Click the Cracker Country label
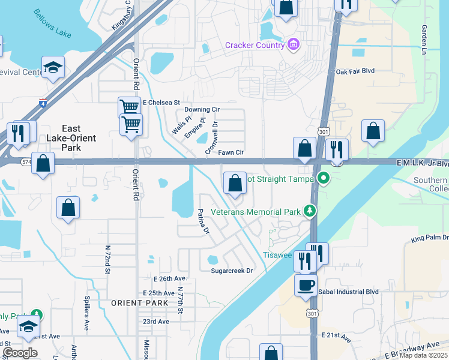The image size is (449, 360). click(255, 45)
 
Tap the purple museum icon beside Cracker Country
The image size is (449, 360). click(293, 44)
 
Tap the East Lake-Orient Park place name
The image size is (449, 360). click(71, 138)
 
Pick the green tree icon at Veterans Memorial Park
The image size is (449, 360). click(310, 211)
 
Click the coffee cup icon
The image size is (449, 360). click(306, 284)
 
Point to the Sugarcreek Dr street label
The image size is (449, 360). click(232, 271)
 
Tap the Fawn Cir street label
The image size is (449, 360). click(231, 152)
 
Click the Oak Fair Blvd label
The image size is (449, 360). click(355, 71)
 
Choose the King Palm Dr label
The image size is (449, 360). click(430, 238)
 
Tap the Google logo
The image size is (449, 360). click(20, 353)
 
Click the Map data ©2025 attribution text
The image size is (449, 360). click(424, 355)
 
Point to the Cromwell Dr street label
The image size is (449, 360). click(211, 137)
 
